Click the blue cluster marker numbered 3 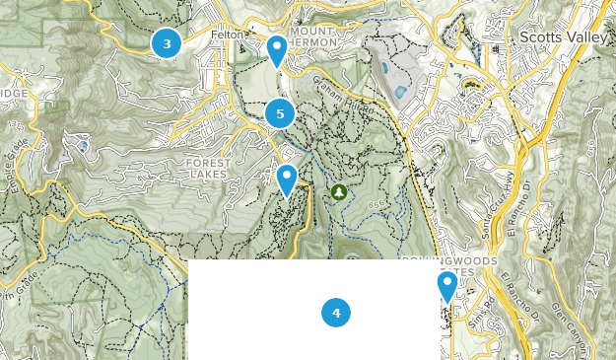pos(167,43)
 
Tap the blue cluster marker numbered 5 pos(280,113)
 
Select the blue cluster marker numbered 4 pos(336,313)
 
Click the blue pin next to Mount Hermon pos(278,50)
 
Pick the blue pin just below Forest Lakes pos(287,180)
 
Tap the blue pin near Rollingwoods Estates pos(447,287)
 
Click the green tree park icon pos(339,191)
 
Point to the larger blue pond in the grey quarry pos(398,93)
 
